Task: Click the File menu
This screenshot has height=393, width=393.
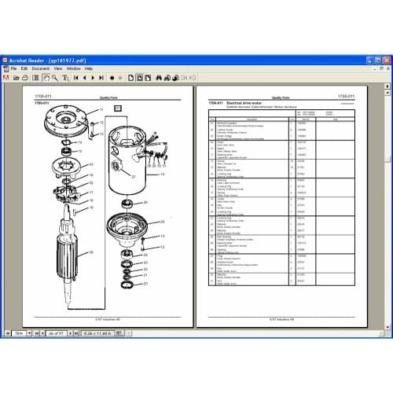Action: [14, 68]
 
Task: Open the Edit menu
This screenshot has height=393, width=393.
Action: [25, 68]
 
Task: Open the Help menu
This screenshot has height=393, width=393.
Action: [90, 68]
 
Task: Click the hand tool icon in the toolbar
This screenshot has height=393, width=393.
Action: [46, 78]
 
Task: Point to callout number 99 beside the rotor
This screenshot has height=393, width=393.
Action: [90, 252]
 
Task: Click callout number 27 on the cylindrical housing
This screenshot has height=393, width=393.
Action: [133, 177]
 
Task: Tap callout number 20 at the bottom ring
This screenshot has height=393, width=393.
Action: [144, 284]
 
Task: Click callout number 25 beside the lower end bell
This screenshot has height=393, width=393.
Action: [163, 222]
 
